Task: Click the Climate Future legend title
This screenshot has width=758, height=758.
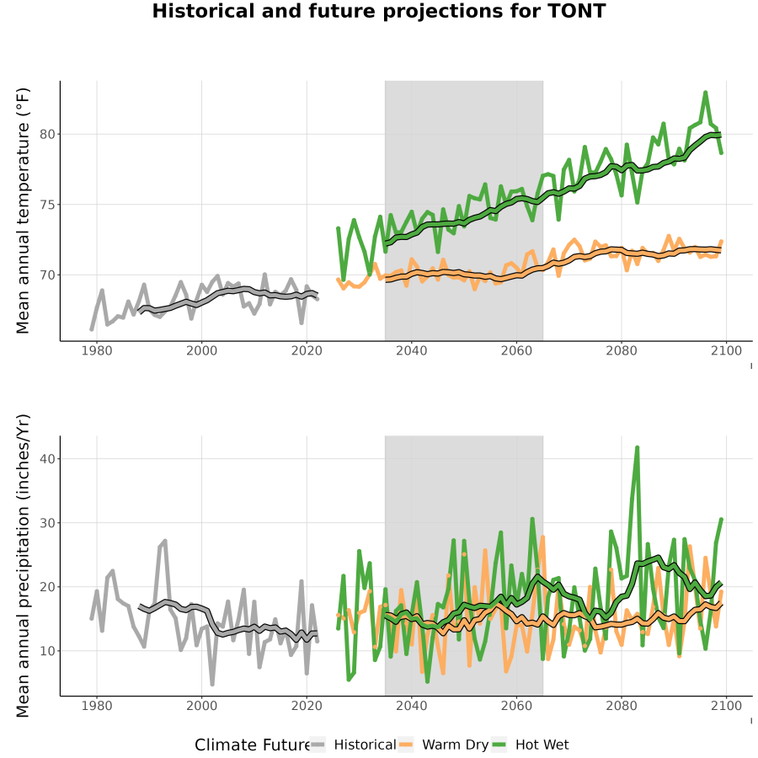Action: coord(253,745)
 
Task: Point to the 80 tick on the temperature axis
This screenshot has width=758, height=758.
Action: coord(47,135)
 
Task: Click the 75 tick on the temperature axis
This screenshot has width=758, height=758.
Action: coord(47,205)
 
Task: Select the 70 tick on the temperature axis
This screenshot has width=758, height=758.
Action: coord(47,275)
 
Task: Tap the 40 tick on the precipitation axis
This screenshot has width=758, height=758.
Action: coord(47,458)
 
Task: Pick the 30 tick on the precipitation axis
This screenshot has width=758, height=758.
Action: coord(47,522)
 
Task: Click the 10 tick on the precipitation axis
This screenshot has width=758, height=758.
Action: coord(47,651)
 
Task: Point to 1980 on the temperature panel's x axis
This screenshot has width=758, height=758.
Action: coord(97,350)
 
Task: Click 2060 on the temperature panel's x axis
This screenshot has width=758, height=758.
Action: coord(516,350)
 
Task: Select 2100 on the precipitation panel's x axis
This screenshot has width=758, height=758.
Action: coord(726,706)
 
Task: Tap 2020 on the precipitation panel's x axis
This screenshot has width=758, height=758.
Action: coord(307,706)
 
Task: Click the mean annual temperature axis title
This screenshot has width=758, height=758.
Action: coord(23,211)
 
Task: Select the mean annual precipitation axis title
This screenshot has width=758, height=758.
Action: coord(23,566)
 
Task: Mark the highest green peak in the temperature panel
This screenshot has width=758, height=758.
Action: coord(705,93)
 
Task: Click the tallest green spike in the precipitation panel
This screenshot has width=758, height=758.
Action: coord(638,448)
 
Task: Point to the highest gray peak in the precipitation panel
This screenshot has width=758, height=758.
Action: coord(165,541)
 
